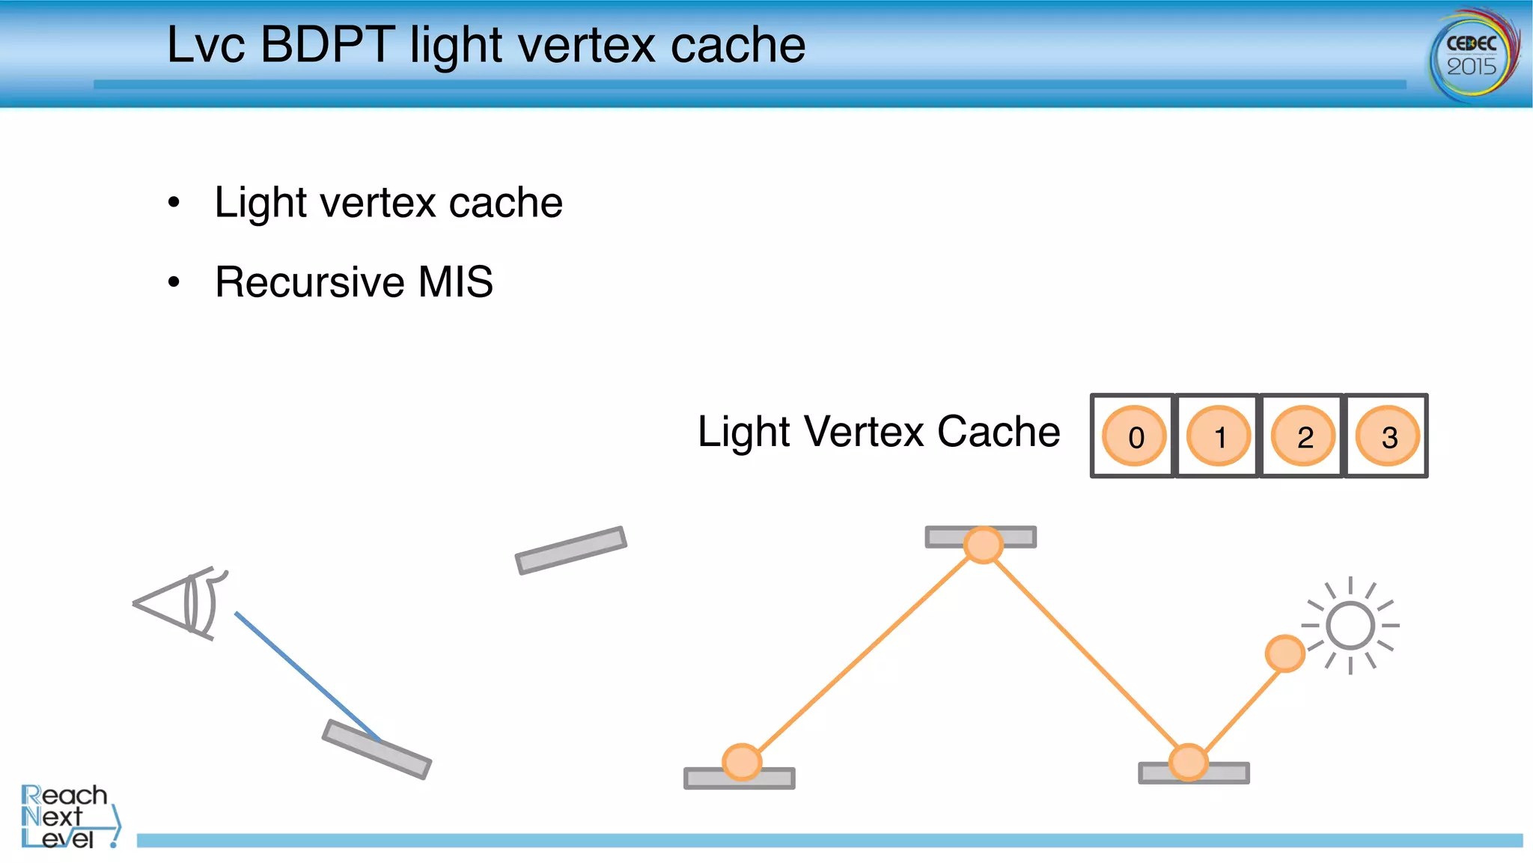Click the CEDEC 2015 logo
(1472, 54)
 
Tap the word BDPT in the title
(327, 45)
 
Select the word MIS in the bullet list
(455, 282)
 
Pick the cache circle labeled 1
(1218, 436)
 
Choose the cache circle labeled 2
(1303, 436)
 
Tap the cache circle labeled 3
(1388, 436)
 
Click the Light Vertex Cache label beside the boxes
(879, 432)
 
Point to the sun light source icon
(1350, 626)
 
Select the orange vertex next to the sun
(1284, 653)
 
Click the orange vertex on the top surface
(983, 544)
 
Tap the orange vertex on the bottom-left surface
(742, 762)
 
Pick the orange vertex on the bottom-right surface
(1188, 762)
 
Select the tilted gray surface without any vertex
(570, 550)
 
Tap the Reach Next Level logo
(67, 816)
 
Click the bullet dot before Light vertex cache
(174, 202)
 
